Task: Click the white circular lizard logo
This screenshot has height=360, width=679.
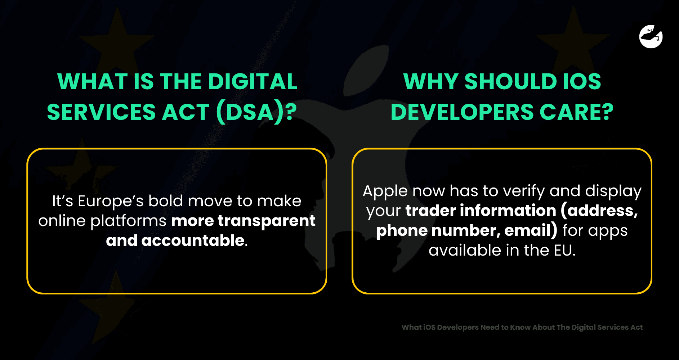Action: coord(651,36)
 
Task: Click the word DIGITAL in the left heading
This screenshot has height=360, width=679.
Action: coord(253,81)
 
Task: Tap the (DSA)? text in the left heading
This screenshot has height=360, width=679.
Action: coord(256,112)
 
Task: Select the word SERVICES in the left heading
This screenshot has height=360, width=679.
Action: coord(101,112)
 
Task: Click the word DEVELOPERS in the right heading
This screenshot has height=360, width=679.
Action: coord(462,112)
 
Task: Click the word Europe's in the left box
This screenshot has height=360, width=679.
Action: coord(111,201)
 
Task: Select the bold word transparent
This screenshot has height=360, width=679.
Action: coord(267,221)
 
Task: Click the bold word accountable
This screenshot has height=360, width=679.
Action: coord(193,240)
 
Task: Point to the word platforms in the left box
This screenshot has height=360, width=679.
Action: coord(128,221)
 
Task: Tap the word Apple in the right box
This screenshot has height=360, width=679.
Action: coord(385,191)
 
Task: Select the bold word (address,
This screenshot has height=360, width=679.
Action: coord(599,211)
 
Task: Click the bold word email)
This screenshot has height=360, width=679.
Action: coord(531,230)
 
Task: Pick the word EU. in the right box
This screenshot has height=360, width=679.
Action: coord(564,250)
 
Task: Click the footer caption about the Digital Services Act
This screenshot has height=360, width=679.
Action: coord(522,327)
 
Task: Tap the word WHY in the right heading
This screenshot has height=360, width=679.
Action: coord(431,81)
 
